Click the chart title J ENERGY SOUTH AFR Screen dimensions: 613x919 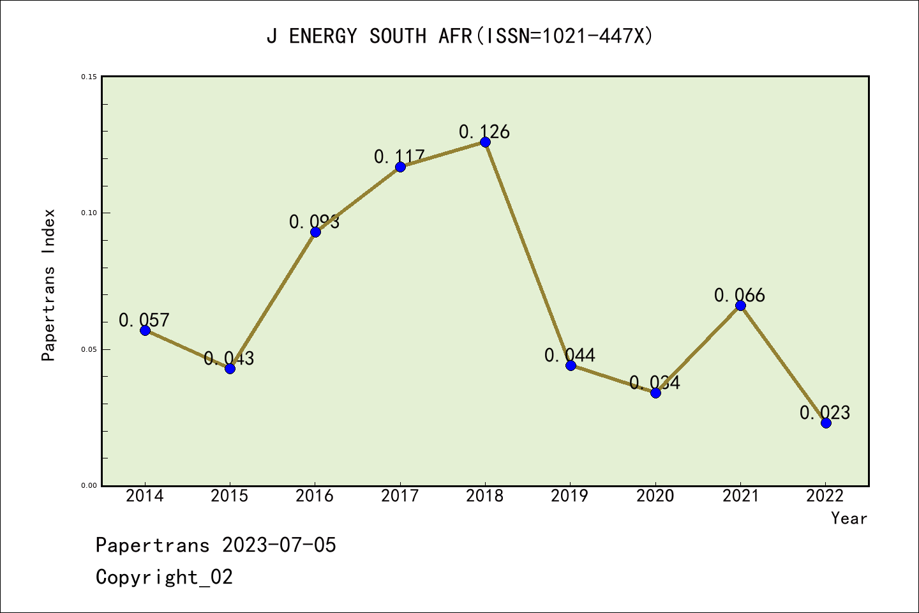click(459, 36)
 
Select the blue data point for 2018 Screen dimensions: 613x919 click(485, 142)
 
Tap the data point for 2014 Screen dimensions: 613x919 click(145, 330)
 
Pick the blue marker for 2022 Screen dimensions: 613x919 click(826, 423)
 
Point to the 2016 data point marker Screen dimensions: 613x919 click(315, 232)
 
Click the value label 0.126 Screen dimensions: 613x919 click(484, 132)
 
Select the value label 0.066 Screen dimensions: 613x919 click(740, 295)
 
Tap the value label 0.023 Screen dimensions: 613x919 click(825, 412)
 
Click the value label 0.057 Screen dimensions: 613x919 click(144, 320)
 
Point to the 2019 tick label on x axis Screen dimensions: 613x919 click(570, 496)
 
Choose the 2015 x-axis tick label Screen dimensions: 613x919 click(230, 496)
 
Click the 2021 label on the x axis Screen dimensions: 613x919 click(740, 496)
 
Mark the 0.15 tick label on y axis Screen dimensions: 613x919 click(89, 77)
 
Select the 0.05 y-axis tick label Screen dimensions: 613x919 click(89, 349)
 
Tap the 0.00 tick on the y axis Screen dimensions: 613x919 click(89, 486)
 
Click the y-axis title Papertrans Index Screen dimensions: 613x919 click(49, 285)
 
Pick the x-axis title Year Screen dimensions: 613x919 click(849, 518)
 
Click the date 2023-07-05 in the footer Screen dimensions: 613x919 click(279, 545)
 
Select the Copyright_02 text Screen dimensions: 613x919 click(164, 577)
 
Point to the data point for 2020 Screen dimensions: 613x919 click(655, 393)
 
